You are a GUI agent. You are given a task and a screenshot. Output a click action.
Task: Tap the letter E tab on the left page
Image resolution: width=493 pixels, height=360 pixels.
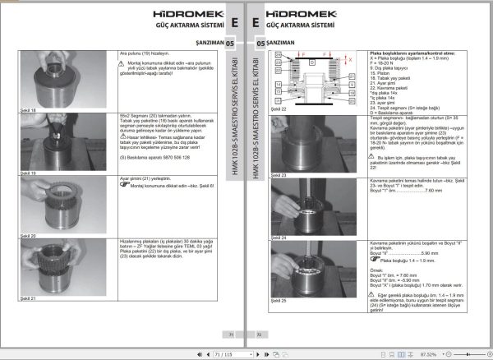coord(233,21)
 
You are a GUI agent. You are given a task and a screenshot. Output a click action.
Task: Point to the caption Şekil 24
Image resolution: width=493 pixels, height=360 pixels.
coord(278,237)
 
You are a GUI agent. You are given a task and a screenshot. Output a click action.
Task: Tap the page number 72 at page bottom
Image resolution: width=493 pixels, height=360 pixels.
coord(259,335)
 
